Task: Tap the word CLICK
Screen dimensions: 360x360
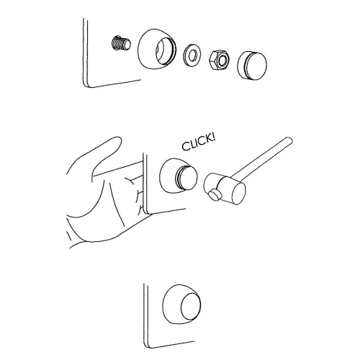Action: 195,145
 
